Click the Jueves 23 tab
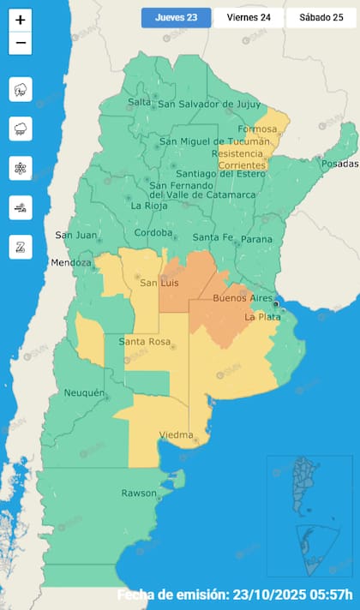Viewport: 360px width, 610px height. [x=176, y=18]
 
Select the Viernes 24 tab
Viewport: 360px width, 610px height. [x=249, y=18]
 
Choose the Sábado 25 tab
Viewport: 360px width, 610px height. [x=321, y=18]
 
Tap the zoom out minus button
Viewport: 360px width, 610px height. [x=21, y=43]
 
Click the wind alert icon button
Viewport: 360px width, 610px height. [x=21, y=207]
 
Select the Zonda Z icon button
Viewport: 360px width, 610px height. [x=21, y=247]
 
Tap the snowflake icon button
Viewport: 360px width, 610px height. [x=21, y=168]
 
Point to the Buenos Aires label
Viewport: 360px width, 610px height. [x=243, y=298]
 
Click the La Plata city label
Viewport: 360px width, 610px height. [x=261, y=317]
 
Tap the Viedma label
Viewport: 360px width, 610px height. [x=176, y=435]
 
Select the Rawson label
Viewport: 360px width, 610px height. [x=138, y=493]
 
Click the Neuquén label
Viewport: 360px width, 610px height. [x=84, y=393]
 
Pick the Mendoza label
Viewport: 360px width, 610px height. [x=70, y=262]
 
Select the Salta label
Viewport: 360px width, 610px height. [x=139, y=103]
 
